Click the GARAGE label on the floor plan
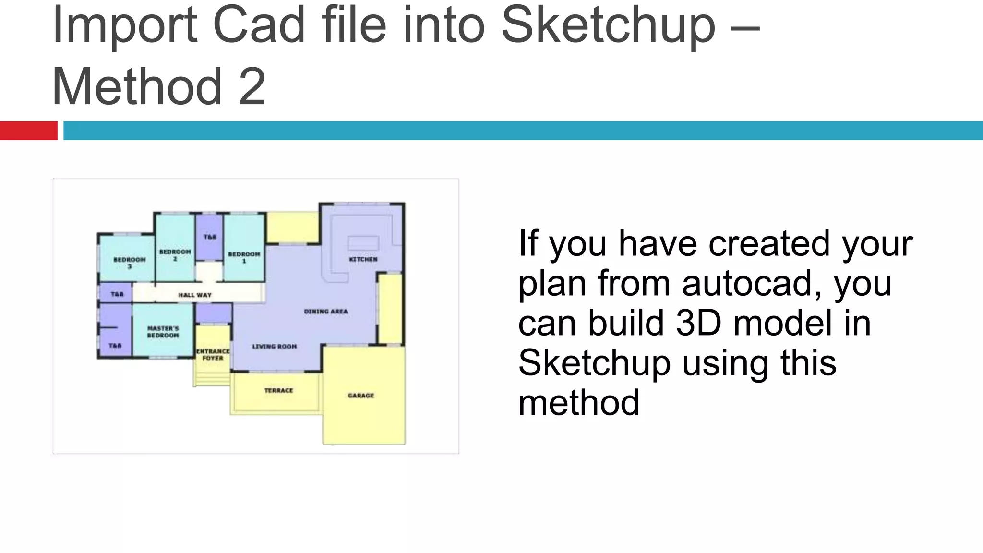[361, 396]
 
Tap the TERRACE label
[278, 390]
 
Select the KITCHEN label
[363, 259]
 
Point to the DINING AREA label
[326, 312]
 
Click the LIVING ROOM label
[275, 346]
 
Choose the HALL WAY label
[195, 295]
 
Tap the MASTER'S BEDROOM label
[163, 332]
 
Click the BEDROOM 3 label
[129, 263]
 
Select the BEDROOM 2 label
[175, 255]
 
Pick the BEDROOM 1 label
[244, 257]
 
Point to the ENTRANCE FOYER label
[213, 355]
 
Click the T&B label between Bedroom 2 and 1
[210, 237]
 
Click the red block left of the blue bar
[28, 131]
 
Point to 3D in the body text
[698, 323]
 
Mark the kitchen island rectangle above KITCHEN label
[363, 243]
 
